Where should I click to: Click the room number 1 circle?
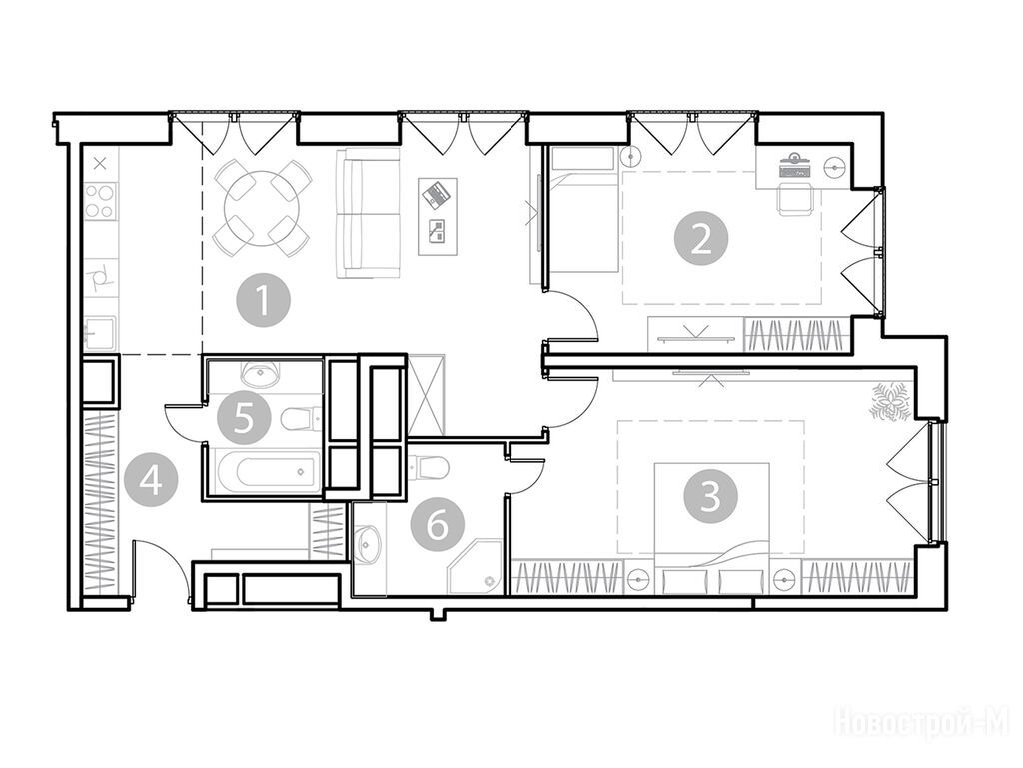tap(264, 302)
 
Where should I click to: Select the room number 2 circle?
tap(701, 240)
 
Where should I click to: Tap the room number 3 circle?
tap(710, 496)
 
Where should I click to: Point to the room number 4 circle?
tap(152, 483)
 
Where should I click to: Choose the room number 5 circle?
tap(244, 417)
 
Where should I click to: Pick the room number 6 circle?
tap(438, 524)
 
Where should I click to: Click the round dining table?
tap(263, 208)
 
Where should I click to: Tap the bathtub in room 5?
tap(267, 470)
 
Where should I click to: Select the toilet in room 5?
tap(301, 417)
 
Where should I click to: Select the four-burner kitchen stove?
tap(101, 201)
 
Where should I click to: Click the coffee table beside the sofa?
tap(438, 217)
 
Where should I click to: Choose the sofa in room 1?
tap(368, 213)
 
